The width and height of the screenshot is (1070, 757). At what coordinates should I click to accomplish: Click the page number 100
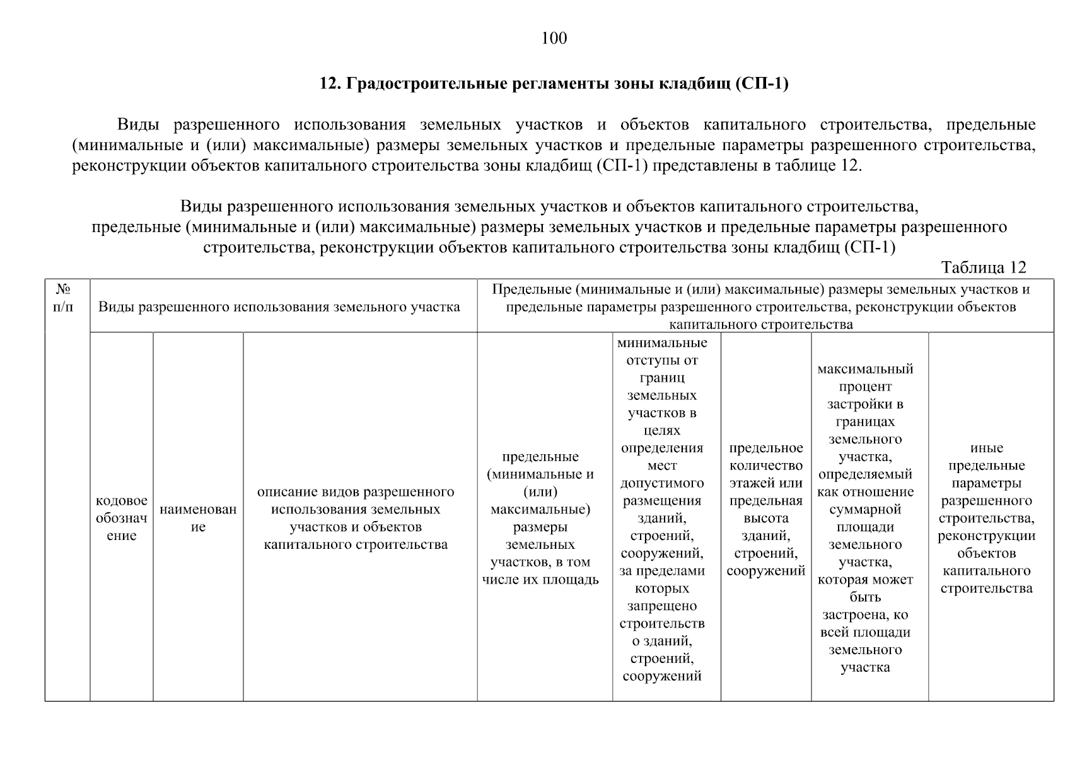[554, 39]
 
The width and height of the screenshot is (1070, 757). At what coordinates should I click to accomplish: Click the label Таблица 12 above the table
[984, 267]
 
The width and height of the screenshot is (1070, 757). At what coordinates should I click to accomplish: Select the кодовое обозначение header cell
[122, 518]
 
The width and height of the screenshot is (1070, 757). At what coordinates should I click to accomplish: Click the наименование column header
[198, 518]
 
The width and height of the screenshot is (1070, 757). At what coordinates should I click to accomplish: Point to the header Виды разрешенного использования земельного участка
[279, 307]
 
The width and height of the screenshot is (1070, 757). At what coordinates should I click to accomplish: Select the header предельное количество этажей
[765, 509]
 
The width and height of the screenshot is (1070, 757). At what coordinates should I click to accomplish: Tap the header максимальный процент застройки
[865, 518]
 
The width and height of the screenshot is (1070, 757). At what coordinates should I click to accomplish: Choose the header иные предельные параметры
[986, 518]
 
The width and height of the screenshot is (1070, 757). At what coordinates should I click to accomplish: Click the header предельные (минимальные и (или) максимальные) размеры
[540, 518]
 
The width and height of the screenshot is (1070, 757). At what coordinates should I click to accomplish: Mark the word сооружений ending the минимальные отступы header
[662, 676]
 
